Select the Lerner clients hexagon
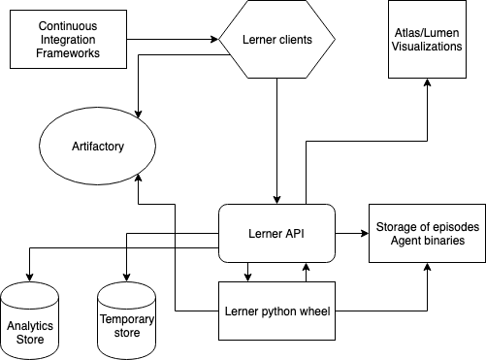(276, 41)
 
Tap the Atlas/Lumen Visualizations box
(427, 40)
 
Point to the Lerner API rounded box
(277, 233)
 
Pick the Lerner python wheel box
(277, 311)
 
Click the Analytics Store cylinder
(28, 320)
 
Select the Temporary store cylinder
(126, 320)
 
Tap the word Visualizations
(427, 46)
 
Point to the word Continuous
(67, 21)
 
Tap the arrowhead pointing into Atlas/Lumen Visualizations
(427, 85)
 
